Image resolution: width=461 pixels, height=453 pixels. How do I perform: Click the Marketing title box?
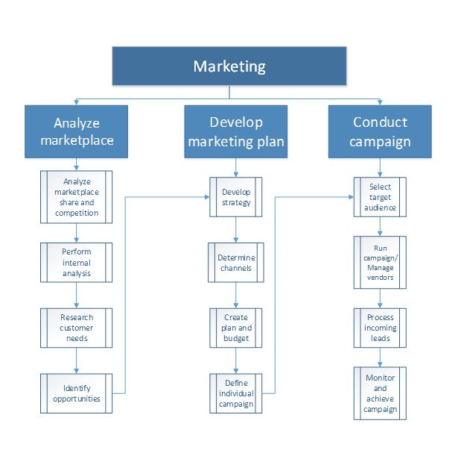[229, 66]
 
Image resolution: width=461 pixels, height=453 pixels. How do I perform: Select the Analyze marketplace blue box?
[77, 131]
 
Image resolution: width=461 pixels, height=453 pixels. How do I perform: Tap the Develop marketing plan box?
[236, 131]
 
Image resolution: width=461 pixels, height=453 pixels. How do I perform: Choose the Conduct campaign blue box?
[381, 131]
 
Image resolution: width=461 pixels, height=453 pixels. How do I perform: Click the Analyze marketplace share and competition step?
[76, 197]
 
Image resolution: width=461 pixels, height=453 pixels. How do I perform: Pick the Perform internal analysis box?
[76, 263]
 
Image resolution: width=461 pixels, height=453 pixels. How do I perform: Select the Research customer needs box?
[76, 328]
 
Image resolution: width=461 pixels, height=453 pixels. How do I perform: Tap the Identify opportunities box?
[76, 393]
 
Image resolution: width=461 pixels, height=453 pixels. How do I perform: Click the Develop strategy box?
[236, 197]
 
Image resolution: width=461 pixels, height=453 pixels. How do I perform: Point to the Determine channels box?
[236, 263]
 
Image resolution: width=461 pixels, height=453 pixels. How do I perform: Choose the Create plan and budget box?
[236, 328]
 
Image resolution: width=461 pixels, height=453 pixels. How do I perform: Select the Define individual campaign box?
[236, 393]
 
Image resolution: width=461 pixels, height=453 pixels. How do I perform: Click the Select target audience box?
[381, 197]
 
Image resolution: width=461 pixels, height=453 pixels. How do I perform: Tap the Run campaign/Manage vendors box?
[381, 263]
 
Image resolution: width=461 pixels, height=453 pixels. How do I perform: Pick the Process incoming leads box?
[381, 328]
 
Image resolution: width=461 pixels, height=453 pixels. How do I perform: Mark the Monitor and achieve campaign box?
[381, 393]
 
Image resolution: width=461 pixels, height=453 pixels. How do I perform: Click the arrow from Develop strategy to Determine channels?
[236, 230]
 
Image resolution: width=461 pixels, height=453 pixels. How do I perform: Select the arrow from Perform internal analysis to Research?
[76, 295]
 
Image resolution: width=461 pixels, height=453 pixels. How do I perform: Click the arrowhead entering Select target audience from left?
[349, 197]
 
